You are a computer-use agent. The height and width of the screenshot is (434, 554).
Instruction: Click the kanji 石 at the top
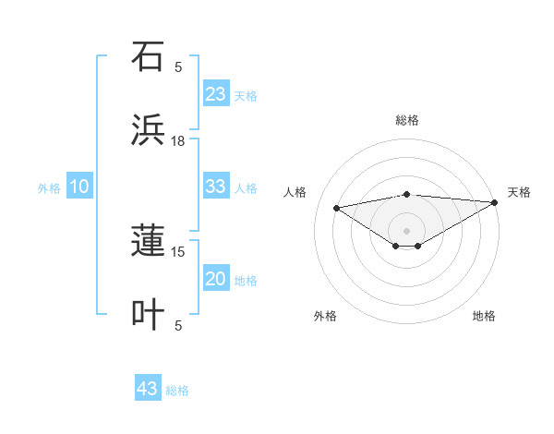[x=148, y=56]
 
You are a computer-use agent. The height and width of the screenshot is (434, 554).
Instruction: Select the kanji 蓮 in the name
[x=148, y=243]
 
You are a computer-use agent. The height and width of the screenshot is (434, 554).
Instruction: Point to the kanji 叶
[x=148, y=315]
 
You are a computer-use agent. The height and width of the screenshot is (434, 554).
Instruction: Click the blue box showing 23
[x=216, y=94]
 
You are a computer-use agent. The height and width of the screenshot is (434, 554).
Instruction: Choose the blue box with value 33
[x=216, y=187]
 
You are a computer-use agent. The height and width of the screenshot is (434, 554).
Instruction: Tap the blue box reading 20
[x=216, y=279]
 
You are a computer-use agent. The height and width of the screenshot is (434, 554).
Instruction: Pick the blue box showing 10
[x=79, y=187]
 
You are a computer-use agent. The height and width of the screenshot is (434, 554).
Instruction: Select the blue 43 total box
[x=148, y=389]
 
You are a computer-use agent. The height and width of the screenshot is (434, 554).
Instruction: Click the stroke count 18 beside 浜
[x=178, y=141]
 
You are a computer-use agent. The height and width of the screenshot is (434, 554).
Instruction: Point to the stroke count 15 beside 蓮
[x=178, y=251]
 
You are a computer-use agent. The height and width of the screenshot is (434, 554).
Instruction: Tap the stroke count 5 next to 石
[x=178, y=66]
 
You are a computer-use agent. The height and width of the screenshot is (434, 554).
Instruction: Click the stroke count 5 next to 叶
[x=178, y=325]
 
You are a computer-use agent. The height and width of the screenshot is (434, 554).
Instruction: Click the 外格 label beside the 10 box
[x=49, y=188]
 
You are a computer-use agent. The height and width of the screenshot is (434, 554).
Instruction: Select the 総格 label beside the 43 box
[x=177, y=391]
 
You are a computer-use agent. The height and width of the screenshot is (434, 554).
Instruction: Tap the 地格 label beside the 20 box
[x=246, y=281]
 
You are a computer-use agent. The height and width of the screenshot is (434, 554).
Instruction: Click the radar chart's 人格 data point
[x=337, y=207]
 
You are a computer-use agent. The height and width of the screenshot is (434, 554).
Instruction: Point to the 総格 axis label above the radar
[x=407, y=120]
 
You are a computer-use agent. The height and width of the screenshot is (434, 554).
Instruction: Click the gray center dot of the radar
[x=407, y=230]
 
